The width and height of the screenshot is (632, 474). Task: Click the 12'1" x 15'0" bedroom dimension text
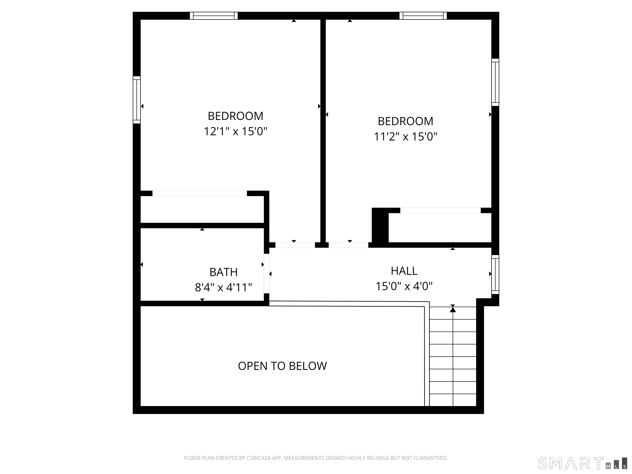pos(235,132)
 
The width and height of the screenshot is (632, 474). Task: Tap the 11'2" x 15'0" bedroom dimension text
pos(405,137)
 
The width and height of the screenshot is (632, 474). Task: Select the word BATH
pos(223,272)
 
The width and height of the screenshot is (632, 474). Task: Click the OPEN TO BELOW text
pos(282,366)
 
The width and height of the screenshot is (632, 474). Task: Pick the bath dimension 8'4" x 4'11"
pos(223,287)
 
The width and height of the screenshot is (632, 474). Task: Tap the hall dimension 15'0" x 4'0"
pos(404,286)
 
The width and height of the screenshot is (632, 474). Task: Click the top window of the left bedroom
pos(214,16)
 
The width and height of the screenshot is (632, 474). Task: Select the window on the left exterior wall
pos(137,100)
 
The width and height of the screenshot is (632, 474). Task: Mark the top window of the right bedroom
pos(423,16)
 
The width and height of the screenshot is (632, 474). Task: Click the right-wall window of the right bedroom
pos(495,82)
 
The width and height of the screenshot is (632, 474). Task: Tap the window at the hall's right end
pos(495,274)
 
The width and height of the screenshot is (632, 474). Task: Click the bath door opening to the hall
pos(266,273)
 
